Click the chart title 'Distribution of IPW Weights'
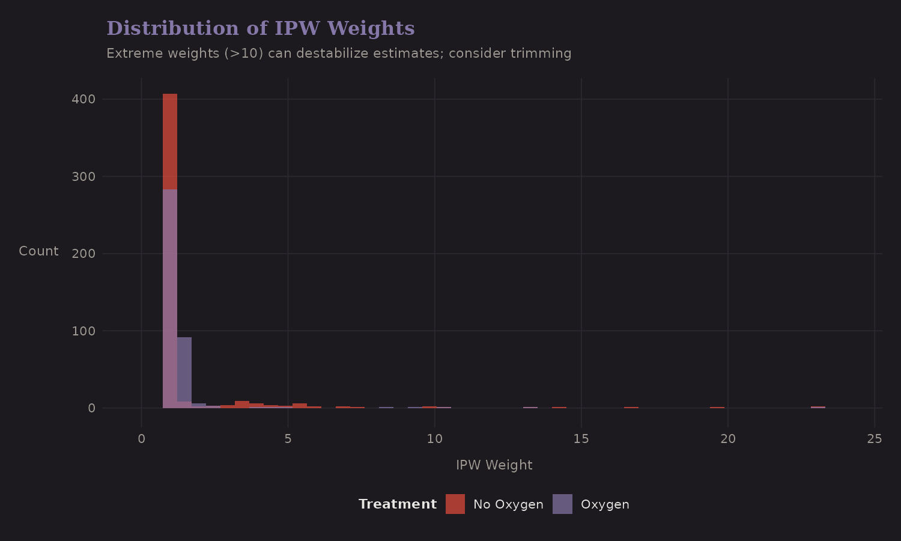[x=260, y=28]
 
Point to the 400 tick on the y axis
[x=83, y=99]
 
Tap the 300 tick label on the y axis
[x=83, y=177]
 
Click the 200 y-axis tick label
[x=83, y=254]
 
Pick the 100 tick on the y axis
[x=83, y=331]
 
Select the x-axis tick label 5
[x=288, y=439]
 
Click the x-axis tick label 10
[x=435, y=439]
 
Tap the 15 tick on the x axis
[x=581, y=439]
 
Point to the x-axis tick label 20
[x=728, y=439]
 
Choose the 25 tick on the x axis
[x=875, y=439]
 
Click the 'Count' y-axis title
[x=38, y=251]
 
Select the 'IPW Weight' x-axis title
[x=494, y=465]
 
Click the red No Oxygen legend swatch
[x=455, y=504]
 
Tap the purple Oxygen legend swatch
[x=562, y=504]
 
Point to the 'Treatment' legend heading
[x=397, y=504]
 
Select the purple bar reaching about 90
[x=184, y=370]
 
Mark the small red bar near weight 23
[x=818, y=407]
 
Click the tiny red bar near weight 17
[x=631, y=408]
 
